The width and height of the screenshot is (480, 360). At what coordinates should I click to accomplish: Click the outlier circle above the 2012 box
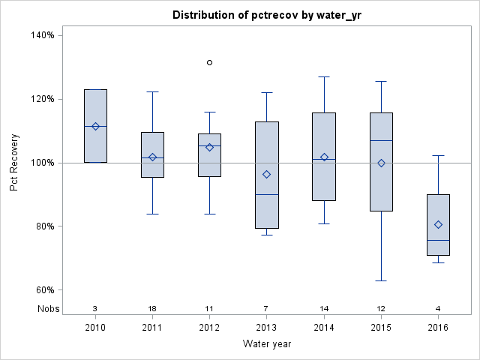click(209, 62)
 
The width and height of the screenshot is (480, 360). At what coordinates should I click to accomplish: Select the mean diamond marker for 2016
click(438, 224)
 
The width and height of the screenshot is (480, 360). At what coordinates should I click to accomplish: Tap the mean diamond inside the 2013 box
click(266, 174)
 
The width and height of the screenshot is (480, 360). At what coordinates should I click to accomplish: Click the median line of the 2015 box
click(381, 140)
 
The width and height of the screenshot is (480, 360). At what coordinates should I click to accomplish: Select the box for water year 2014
click(324, 156)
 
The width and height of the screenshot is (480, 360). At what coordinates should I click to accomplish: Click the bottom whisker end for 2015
click(381, 280)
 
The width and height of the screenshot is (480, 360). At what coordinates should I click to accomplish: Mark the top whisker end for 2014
click(324, 76)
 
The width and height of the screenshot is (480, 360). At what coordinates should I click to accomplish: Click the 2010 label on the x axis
click(95, 328)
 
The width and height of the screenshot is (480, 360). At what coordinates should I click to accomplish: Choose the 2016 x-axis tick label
click(438, 328)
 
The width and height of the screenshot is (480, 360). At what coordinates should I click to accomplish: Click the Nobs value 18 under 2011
click(152, 309)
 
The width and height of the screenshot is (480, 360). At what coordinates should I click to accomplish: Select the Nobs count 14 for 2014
click(324, 309)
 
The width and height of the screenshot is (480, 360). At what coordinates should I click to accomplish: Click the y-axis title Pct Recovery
click(14, 163)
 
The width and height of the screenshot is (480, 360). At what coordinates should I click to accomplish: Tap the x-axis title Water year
click(266, 344)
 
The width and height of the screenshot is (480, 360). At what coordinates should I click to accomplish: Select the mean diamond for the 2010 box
click(95, 126)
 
